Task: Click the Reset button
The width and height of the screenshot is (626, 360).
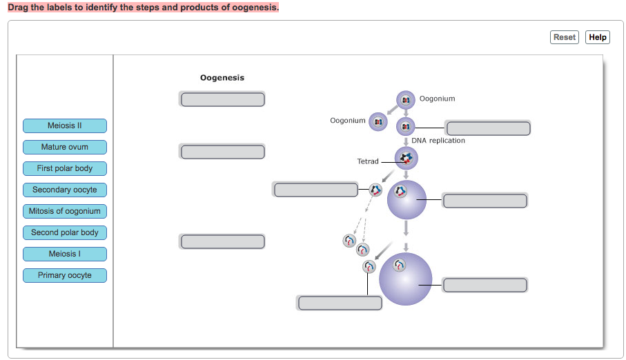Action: tap(564, 37)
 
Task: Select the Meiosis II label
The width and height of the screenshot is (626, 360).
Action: tap(65, 126)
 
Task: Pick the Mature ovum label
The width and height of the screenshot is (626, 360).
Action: tap(65, 147)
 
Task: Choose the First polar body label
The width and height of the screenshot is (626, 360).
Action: tap(65, 168)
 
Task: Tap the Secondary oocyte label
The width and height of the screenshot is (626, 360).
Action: tap(65, 190)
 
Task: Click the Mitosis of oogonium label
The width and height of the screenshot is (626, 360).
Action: tap(65, 211)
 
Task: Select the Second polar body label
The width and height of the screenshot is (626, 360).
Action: tap(65, 232)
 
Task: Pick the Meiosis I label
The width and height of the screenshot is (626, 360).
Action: tap(65, 254)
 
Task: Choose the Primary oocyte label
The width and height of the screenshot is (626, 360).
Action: tap(65, 275)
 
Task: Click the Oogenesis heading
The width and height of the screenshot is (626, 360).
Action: tap(222, 78)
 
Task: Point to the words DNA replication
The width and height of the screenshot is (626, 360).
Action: tap(438, 141)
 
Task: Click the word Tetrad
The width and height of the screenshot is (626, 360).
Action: tap(367, 161)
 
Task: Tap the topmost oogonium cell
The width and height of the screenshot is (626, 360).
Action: tap(406, 100)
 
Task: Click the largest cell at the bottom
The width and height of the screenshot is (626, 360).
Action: tap(406, 279)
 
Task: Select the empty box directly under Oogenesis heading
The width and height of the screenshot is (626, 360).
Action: tap(223, 99)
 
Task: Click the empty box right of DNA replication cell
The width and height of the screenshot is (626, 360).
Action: tap(488, 128)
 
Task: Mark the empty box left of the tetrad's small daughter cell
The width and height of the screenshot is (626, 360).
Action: tap(315, 189)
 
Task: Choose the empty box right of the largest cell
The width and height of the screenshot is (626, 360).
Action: tap(485, 285)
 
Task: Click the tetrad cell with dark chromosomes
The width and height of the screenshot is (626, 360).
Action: tap(406, 159)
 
